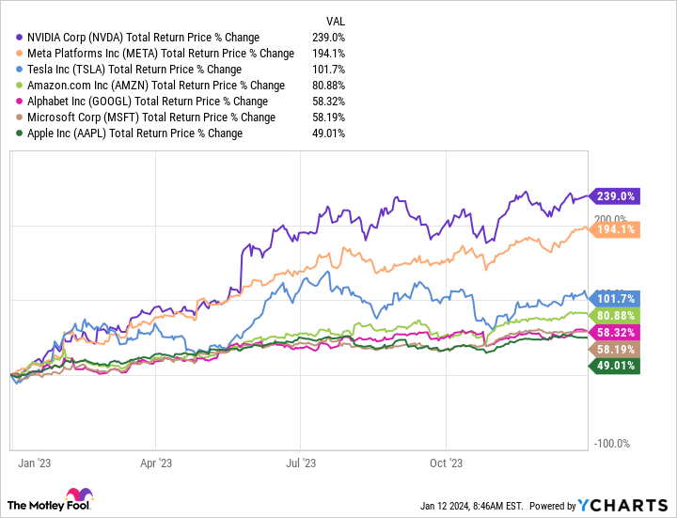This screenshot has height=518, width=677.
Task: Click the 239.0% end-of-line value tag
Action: [x=615, y=196]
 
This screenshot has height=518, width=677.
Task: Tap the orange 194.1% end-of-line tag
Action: [x=615, y=229]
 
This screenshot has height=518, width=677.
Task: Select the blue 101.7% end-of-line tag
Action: [x=615, y=298]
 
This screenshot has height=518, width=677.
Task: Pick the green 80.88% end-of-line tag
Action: [x=615, y=316]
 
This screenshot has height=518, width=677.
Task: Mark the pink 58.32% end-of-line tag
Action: [x=615, y=333]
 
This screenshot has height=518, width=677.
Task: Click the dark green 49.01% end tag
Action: [x=615, y=366]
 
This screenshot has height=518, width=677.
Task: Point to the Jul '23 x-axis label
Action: [x=300, y=463]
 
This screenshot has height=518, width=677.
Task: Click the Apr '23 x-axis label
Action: [x=155, y=463]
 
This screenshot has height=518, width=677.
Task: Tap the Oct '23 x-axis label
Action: [x=446, y=463]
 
